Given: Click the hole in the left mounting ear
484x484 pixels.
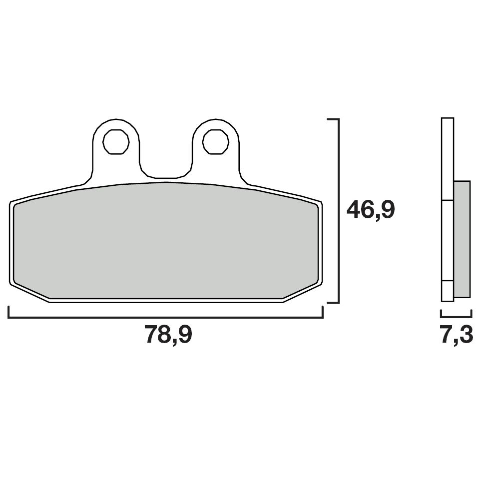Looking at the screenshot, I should pyautogui.click(x=116, y=142).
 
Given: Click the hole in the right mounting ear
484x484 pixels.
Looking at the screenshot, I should pyautogui.click(x=216, y=142).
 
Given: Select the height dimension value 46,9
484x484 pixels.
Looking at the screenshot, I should pyautogui.click(x=371, y=210).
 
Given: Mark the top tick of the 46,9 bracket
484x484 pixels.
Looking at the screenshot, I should pyautogui.click(x=333, y=120).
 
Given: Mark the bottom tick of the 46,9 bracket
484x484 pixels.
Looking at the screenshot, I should pyautogui.click(x=333, y=303).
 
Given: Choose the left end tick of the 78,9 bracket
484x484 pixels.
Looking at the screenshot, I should pyautogui.click(x=9, y=313).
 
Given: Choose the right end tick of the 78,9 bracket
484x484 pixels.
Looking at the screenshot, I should pyautogui.click(x=323, y=313).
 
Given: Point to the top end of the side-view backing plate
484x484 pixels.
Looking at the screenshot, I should pyautogui.click(x=448, y=120).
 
